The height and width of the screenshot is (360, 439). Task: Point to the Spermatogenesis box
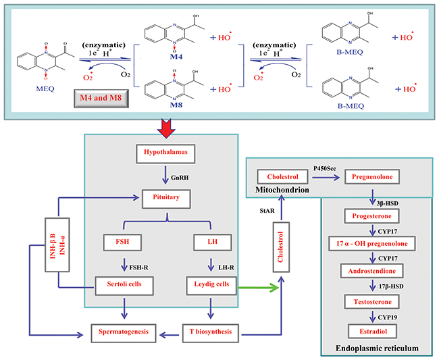[x=125, y=332]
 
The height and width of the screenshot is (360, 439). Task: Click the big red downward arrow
[x=162, y=124]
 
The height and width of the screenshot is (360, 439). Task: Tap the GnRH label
[x=180, y=177]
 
